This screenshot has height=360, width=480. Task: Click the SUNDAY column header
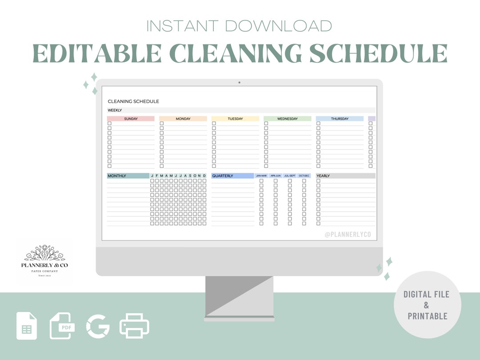(x=131, y=119)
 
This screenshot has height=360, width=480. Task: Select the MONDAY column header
(x=183, y=119)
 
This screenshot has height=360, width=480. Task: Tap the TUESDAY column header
(x=235, y=119)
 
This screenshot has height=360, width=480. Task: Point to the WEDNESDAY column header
(x=288, y=119)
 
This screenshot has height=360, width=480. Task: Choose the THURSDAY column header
(x=340, y=119)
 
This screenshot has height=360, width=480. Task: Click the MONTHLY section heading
(x=128, y=176)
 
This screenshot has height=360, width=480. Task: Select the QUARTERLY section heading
(x=232, y=176)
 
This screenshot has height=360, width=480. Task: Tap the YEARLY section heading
(x=345, y=176)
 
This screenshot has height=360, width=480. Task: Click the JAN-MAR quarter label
(x=261, y=176)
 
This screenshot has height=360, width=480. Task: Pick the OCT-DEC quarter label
(x=304, y=176)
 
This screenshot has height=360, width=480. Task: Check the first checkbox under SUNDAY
(x=109, y=124)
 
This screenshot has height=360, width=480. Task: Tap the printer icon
(x=134, y=326)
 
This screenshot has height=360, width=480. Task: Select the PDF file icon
(x=62, y=326)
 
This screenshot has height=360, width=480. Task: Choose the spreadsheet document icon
(x=27, y=326)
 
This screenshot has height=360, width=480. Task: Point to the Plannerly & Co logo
(x=44, y=261)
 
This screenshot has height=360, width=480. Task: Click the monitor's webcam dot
(x=239, y=83)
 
